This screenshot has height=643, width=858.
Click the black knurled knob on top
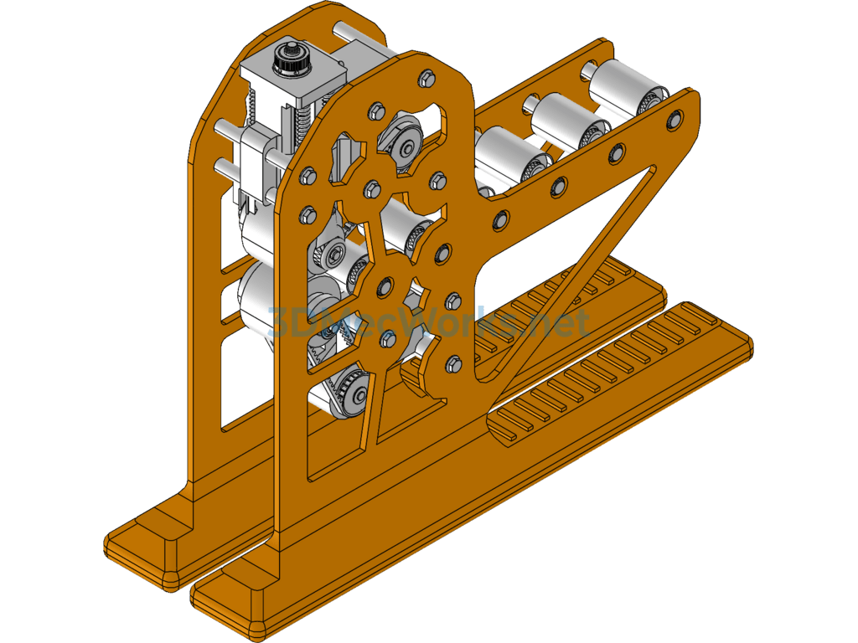[290, 59]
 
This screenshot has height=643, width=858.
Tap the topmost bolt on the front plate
[425, 78]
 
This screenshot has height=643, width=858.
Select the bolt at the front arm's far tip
[673, 122]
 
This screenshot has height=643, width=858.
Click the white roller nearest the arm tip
[620, 87]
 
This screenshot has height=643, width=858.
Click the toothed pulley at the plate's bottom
[352, 394]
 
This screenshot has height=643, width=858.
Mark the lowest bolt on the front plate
[453, 363]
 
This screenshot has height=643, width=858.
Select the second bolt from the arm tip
[617, 153]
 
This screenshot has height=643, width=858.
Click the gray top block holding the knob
[293, 88]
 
